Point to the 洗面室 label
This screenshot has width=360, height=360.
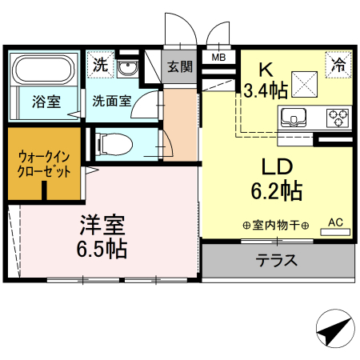coord(111,102)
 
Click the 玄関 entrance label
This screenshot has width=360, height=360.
coord(180,67)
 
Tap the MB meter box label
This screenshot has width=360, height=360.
coord(218,57)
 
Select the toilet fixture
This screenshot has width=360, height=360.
coord(115,143)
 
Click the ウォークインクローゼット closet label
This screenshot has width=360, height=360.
coord(44,164)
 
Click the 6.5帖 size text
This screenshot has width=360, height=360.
coord(102,248)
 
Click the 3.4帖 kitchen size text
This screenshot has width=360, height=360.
coord(266,90)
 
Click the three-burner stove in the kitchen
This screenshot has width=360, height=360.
coord(337,118)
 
